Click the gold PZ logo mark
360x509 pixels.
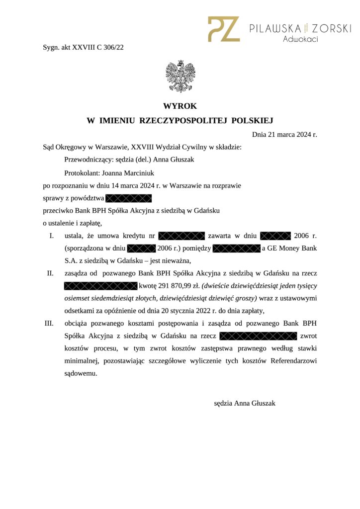tap(224, 29)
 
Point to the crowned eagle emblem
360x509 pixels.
tap(180, 76)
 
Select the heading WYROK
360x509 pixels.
tap(180, 106)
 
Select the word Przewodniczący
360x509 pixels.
tap(87, 160)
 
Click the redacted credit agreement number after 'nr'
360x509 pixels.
tap(181, 235)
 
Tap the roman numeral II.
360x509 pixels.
tap(50, 273)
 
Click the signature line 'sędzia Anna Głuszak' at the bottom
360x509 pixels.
tap(245, 403)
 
